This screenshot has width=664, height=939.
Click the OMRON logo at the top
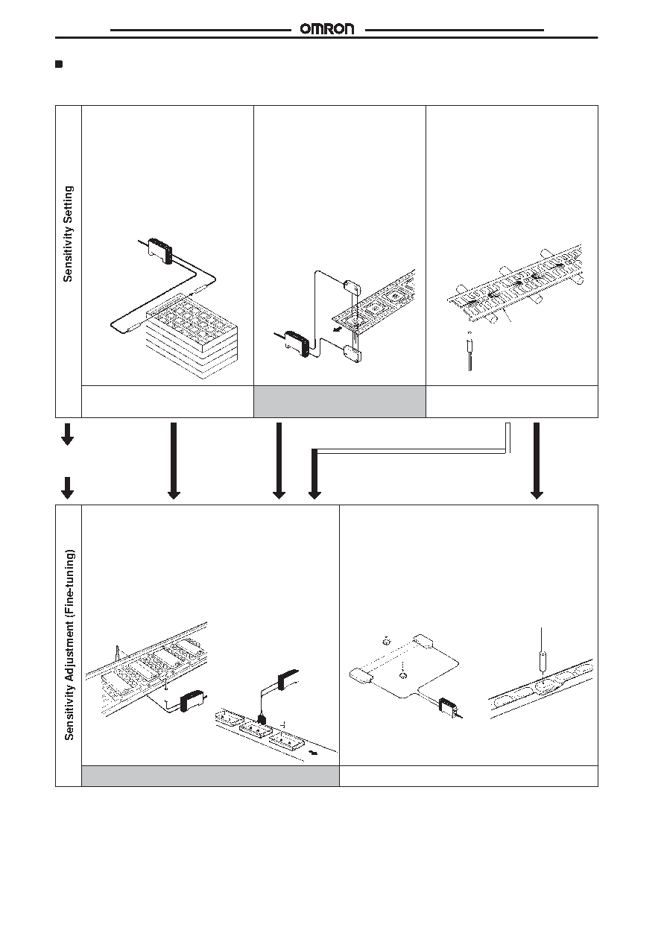pos(327,29)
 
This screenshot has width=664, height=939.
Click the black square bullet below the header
pos(59,64)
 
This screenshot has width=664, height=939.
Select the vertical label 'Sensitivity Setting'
pos(68,234)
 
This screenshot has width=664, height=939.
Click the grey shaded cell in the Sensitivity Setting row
pos(340,402)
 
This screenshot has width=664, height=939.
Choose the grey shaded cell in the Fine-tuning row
pos(210,776)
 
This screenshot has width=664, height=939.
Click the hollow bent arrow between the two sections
pos(411,451)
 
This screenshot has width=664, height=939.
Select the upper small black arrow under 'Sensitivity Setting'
pos(68,434)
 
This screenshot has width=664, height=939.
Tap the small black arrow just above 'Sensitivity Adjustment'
pos(68,488)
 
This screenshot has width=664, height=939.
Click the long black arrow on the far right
pos(537,461)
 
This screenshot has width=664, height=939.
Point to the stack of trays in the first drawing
pos(192,335)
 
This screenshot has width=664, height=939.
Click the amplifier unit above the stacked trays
pos(160,250)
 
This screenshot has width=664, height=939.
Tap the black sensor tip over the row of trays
pos(262,720)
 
